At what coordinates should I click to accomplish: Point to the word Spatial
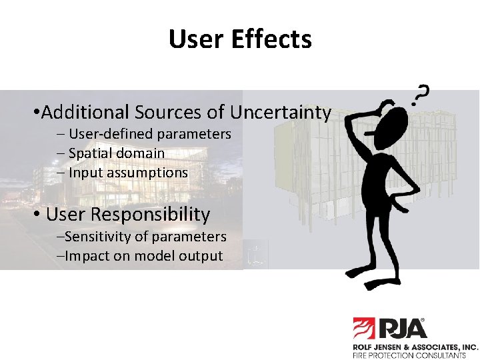[x=90, y=153]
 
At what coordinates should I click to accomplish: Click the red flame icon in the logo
[x=365, y=328]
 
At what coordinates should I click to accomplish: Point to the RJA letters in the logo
[x=404, y=328]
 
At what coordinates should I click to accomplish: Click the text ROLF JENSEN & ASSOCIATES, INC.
[x=415, y=347]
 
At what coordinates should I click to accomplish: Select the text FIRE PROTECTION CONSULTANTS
[x=409, y=355]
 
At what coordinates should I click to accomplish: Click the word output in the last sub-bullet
[x=202, y=256]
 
